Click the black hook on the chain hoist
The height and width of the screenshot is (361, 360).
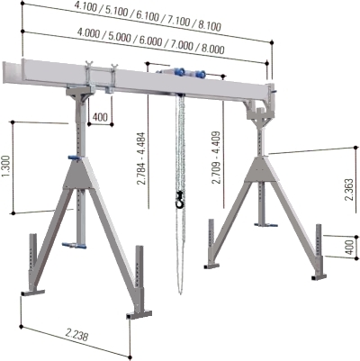click(x=180, y=200)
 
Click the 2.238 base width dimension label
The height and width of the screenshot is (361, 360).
click(x=77, y=335)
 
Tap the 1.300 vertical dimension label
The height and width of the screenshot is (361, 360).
click(x=7, y=167)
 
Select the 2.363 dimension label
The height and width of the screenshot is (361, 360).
click(x=349, y=189)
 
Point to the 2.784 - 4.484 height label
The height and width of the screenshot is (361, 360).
click(x=141, y=158)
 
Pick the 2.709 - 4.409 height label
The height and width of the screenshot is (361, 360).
click(x=216, y=158)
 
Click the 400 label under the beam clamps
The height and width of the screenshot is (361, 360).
click(x=100, y=117)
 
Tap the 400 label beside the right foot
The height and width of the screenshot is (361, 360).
click(x=349, y=247)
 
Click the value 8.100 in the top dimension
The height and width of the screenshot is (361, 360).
click(x=210, y=25)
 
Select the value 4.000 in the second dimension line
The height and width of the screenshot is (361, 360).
click(x=89, y=32)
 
